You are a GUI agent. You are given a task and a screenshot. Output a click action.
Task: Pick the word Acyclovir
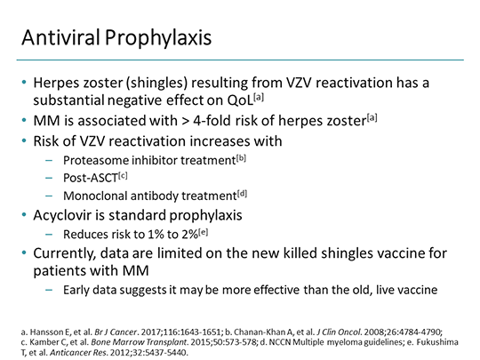click(x=74, y=216)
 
